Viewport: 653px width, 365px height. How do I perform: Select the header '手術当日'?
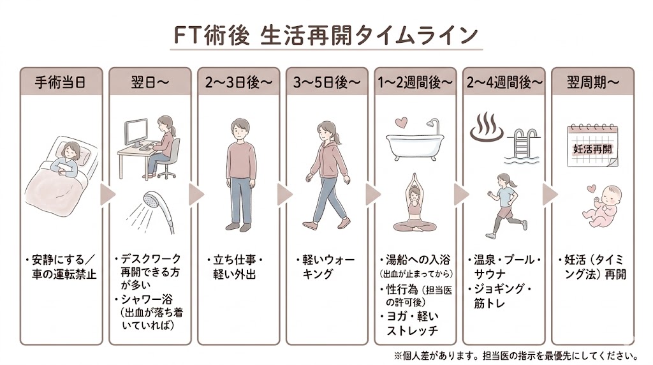(59, 82)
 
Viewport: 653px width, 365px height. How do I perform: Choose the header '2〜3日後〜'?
(237, 82)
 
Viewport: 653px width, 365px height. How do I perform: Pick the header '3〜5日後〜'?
(326, 82)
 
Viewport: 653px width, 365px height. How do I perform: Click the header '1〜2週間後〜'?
(415, 82)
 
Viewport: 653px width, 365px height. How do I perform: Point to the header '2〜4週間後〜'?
(503, 82)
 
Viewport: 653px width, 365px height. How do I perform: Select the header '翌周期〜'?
(592, 82)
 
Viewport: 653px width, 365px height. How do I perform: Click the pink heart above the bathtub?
(400, 121)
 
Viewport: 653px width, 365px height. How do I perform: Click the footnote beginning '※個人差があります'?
(517, 355)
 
